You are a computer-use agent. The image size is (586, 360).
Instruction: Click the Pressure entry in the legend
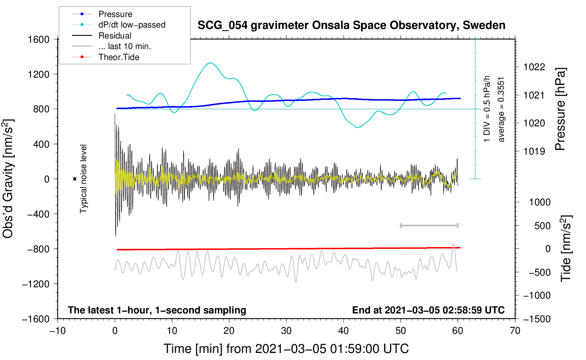tap(115, 14)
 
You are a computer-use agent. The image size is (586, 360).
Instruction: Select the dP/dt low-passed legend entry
tap(132, 25)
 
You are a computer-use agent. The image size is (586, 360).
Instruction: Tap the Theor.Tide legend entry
tap(119, 57)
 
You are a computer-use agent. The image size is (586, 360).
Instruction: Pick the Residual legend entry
tap(115, 36)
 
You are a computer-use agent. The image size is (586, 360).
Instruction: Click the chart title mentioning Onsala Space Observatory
tap(351, 25)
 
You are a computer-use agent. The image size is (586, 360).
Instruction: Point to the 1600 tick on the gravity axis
tap(38, 39)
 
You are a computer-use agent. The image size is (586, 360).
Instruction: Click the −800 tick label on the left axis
tap(38, 249)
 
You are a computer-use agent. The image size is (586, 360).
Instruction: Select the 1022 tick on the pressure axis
tap(534, 67)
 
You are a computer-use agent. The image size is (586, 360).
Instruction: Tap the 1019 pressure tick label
tap(534, 151)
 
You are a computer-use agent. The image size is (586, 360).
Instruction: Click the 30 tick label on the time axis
tap(286, 331)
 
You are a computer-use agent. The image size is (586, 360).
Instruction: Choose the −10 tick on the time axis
tap(58, 331)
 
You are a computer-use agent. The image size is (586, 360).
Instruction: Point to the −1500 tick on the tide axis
tap(537, 319)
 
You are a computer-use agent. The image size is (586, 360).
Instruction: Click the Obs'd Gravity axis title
tap(8, 179)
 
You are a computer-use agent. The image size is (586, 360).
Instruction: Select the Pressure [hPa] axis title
tap(560, 109)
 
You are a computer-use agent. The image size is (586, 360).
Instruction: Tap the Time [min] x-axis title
tap(286, 349)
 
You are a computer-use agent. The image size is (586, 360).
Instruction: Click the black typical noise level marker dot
tap(75, 179)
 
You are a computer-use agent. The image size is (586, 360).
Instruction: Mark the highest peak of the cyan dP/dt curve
tap(210, 63)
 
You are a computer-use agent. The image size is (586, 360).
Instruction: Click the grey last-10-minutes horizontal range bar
tap(429, 225)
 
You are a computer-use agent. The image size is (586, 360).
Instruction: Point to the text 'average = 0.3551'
tap(501, 109)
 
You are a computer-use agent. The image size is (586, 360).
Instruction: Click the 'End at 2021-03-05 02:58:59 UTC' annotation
tap(428, 310)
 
